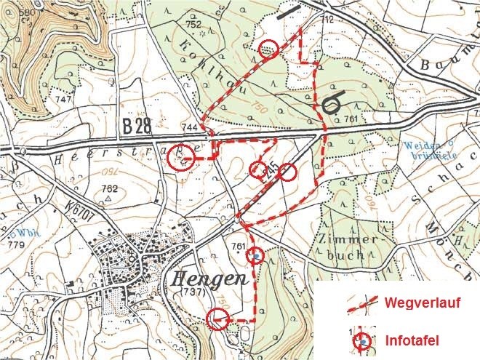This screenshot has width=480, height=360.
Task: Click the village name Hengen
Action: tap(210, 279)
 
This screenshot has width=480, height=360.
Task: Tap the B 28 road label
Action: tap(137, 127)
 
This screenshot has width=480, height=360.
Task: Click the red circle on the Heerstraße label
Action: tap(181, 159)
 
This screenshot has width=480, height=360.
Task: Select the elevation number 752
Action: tap(193, 25)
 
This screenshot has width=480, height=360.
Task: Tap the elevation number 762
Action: tap(109, 188)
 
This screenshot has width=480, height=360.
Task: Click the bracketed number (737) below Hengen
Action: tap(189, 292)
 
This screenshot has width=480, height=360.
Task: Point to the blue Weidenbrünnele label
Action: tap(425, 150)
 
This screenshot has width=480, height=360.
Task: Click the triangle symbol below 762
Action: tap(108, 199)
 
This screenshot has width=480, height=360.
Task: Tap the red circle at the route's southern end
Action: tap(217, 319)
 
